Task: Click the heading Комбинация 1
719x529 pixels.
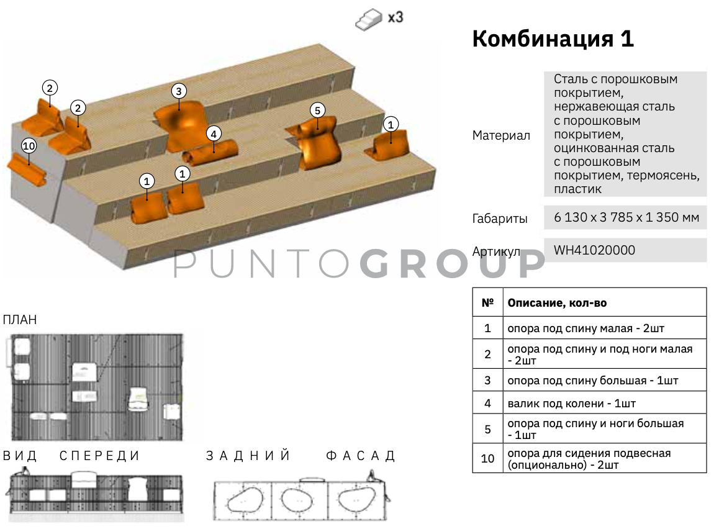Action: [x=553, y=38]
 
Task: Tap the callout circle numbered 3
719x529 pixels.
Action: [x=179, y=91]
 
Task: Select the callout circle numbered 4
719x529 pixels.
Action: [x=214, y=134]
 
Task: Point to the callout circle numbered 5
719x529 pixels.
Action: [x=317, y=111]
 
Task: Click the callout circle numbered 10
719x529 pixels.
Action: [x=29, y=147]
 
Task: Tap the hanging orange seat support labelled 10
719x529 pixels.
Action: [x=27, y=170]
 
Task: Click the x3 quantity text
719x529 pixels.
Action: [x=396, y=17]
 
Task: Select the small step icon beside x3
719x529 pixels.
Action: [x=369, y=20]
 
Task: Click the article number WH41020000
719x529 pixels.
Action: [x=594, y=250]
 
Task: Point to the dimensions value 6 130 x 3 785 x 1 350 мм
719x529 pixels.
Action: [x=626, y=217]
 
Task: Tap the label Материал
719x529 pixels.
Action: [x=501, y=135]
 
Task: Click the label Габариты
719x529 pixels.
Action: [x=500, y=219]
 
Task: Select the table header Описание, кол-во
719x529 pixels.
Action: [x=557, y=302]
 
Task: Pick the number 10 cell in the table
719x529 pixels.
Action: [x=487, y=458]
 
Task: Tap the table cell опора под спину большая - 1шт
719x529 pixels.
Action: [x=592, y=381]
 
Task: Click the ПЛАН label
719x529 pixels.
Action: [x=20, y=320]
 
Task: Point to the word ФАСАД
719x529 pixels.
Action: [x=360, y=456]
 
